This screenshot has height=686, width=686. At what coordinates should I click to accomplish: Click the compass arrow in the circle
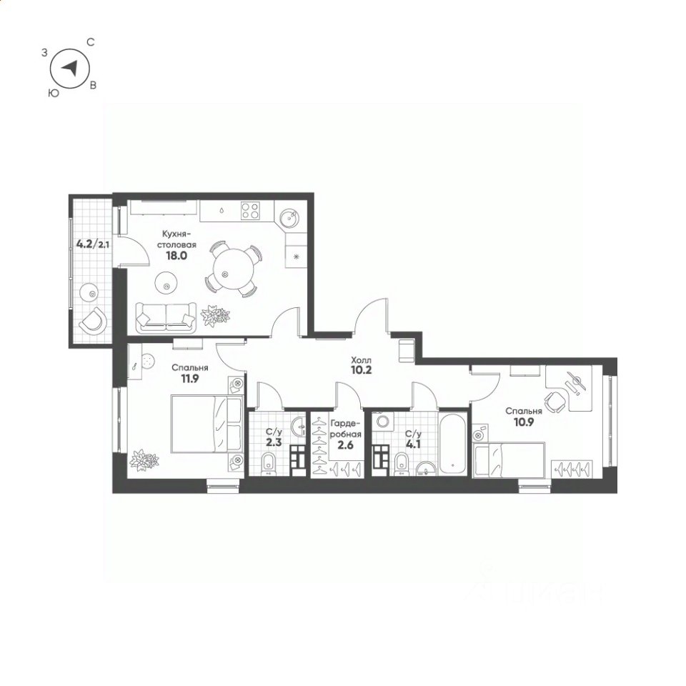tap(70, 68)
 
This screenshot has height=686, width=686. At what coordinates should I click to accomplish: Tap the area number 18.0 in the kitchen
tap(177, 256)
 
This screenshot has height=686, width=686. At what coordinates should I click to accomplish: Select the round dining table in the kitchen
tap(232, 269)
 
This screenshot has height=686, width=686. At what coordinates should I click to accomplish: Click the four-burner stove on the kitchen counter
tap(250, 210)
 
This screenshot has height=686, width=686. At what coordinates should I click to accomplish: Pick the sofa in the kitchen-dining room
tap(166, 317)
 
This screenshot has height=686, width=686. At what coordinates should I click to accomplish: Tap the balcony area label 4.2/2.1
tap(93, 244)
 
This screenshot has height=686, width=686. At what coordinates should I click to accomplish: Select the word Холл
tap(362, 360)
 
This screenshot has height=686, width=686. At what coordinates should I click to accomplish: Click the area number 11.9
tap(190, 379)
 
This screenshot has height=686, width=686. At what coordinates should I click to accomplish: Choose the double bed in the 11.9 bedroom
tap(207, 424)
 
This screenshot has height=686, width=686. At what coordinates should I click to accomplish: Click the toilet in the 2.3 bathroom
tap(268, 464)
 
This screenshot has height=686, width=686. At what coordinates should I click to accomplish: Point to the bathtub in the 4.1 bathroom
tap(452, 443)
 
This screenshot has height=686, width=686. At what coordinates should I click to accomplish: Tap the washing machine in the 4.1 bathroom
tap(383, 422)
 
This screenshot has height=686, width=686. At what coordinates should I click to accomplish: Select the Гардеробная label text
tap(346, 429)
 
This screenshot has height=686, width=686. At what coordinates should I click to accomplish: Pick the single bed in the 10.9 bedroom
tap(509, 459)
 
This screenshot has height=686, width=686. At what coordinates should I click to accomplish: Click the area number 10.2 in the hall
tap(362, 371)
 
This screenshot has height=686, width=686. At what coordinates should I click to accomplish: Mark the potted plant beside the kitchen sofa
tap(215, 315)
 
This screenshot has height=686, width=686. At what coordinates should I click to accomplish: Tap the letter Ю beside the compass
tap(54, 93)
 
